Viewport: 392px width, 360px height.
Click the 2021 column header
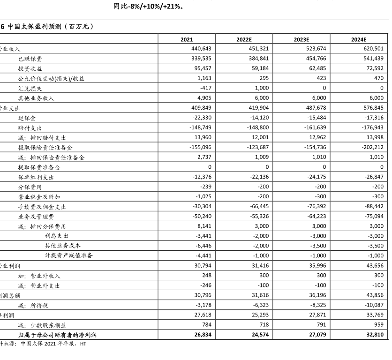187,39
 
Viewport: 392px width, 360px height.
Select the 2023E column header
302,39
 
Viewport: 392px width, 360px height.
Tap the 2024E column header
359,39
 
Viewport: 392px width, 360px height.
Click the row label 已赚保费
30,59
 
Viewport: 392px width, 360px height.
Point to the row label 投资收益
30,68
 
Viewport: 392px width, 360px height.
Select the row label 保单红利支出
36,177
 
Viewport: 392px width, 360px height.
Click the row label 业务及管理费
36,216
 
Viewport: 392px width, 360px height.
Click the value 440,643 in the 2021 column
202,49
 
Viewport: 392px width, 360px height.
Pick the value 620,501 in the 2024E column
373,49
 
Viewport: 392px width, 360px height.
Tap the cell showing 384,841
259,59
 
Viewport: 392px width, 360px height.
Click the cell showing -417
205,88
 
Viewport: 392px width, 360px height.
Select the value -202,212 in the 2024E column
372,147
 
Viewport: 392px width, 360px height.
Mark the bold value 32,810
375,335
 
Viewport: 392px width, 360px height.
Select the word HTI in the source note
83,344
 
